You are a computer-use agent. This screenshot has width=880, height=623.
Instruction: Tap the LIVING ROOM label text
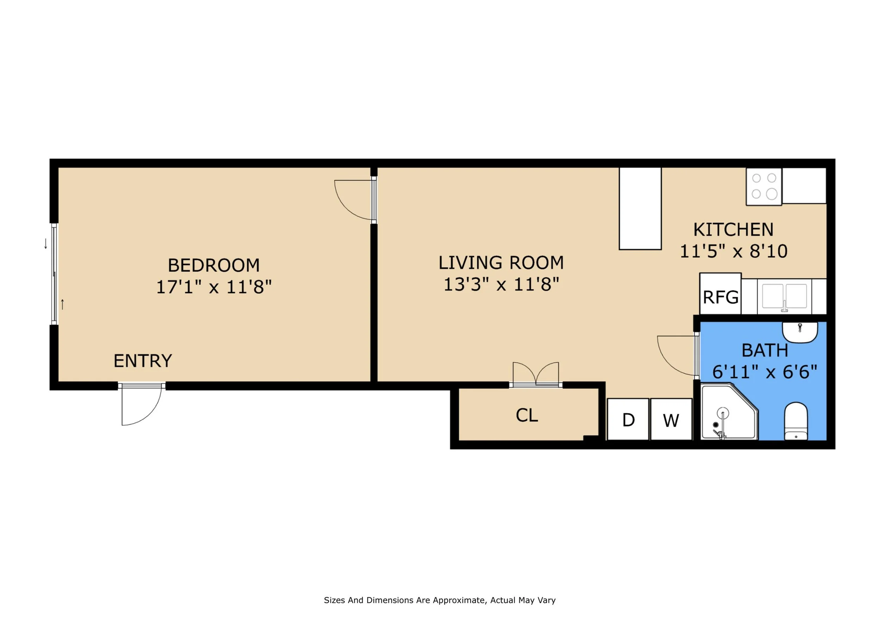pyautogui.click(x=501, y=263)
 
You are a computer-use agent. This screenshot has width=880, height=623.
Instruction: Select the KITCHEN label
pyautogui.click(x=733, y=230)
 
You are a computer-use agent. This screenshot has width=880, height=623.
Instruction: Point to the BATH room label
pyautogui.click(x=765, y=350)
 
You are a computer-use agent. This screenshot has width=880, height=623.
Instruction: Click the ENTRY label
pyautogui.click(x=143, y=360)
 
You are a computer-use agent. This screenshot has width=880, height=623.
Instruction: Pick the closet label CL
pyautogui.click(x=527, y=415)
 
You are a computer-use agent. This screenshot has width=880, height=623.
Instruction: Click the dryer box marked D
pyautogui.click(x=628, y=419)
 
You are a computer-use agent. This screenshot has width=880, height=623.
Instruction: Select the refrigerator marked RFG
pyautogui.click(x=720, y=294)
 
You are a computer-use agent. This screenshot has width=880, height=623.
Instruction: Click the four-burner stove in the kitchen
pyautogui.click(x=764, y=186)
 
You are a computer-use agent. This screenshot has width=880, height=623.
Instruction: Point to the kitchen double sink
pyautogui.click(x=784, y=297)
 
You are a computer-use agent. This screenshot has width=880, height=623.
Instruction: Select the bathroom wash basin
pyautogui.click(x=799, y=332)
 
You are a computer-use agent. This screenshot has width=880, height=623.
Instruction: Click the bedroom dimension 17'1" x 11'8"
pyautogui.click(x=214, y=286)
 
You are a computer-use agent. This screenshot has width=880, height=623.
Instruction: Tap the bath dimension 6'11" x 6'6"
pyautogui.click(x=765, y=372)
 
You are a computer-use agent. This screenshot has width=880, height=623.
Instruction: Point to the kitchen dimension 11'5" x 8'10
pyautogui.click(x=734, y=251)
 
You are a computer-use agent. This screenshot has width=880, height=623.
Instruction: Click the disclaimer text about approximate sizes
pyautogui.click(x=440, y=600)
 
